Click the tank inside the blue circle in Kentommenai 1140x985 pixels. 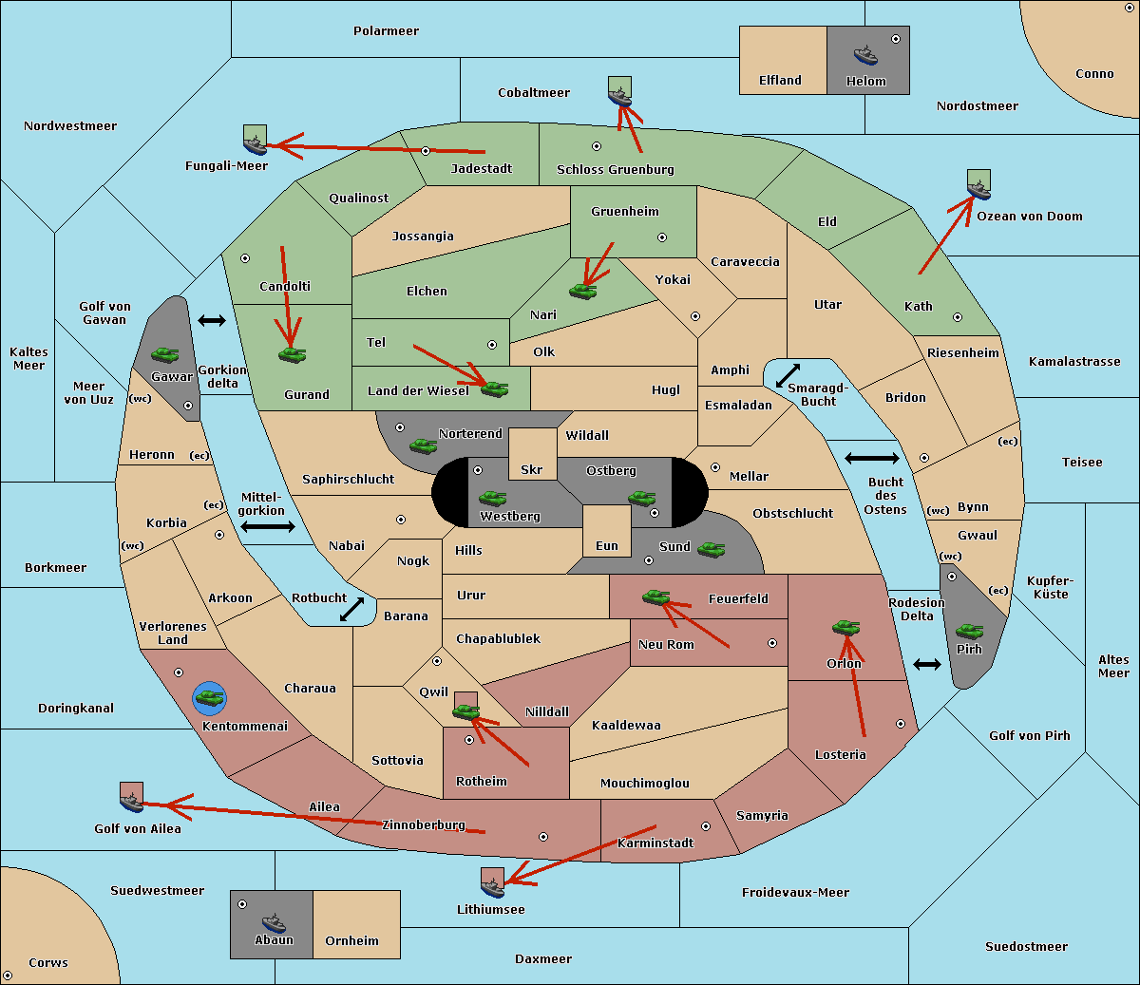click(210, 698)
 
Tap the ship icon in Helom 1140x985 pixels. click(865, 54)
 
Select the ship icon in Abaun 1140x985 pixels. click(275, 923)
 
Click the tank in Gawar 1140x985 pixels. click(165, 354)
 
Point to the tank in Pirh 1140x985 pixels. click(969, 631)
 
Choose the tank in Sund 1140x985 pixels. click(711, 549)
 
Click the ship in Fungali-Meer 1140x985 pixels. click(255, 144)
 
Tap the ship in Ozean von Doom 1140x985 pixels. click(978, 189)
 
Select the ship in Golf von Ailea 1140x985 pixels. click(132, 802)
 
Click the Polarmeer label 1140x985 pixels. click(386, 31)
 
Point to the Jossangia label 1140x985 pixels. click(423, 237)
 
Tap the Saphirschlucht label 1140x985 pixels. click(348, 479)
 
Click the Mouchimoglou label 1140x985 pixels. click(645, 783)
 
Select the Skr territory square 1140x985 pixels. click(532, 454)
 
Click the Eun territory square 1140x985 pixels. click(607, 531)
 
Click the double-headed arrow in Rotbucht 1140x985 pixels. click(351, 609)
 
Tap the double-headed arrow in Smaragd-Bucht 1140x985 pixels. click(788, 375)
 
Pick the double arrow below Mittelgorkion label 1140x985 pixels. click(268, 526)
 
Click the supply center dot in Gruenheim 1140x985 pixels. click(662, 237)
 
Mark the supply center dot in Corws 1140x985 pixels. click(8, 976)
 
